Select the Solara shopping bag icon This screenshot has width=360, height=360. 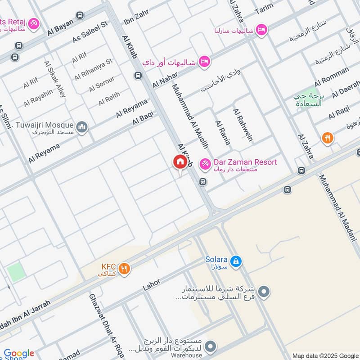coord(235,261)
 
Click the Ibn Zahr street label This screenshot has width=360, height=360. coord(136,19)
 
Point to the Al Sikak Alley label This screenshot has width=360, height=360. coord(54,80)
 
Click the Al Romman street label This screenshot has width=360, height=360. coord(332,77)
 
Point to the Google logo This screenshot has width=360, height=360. coord(19,353)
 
